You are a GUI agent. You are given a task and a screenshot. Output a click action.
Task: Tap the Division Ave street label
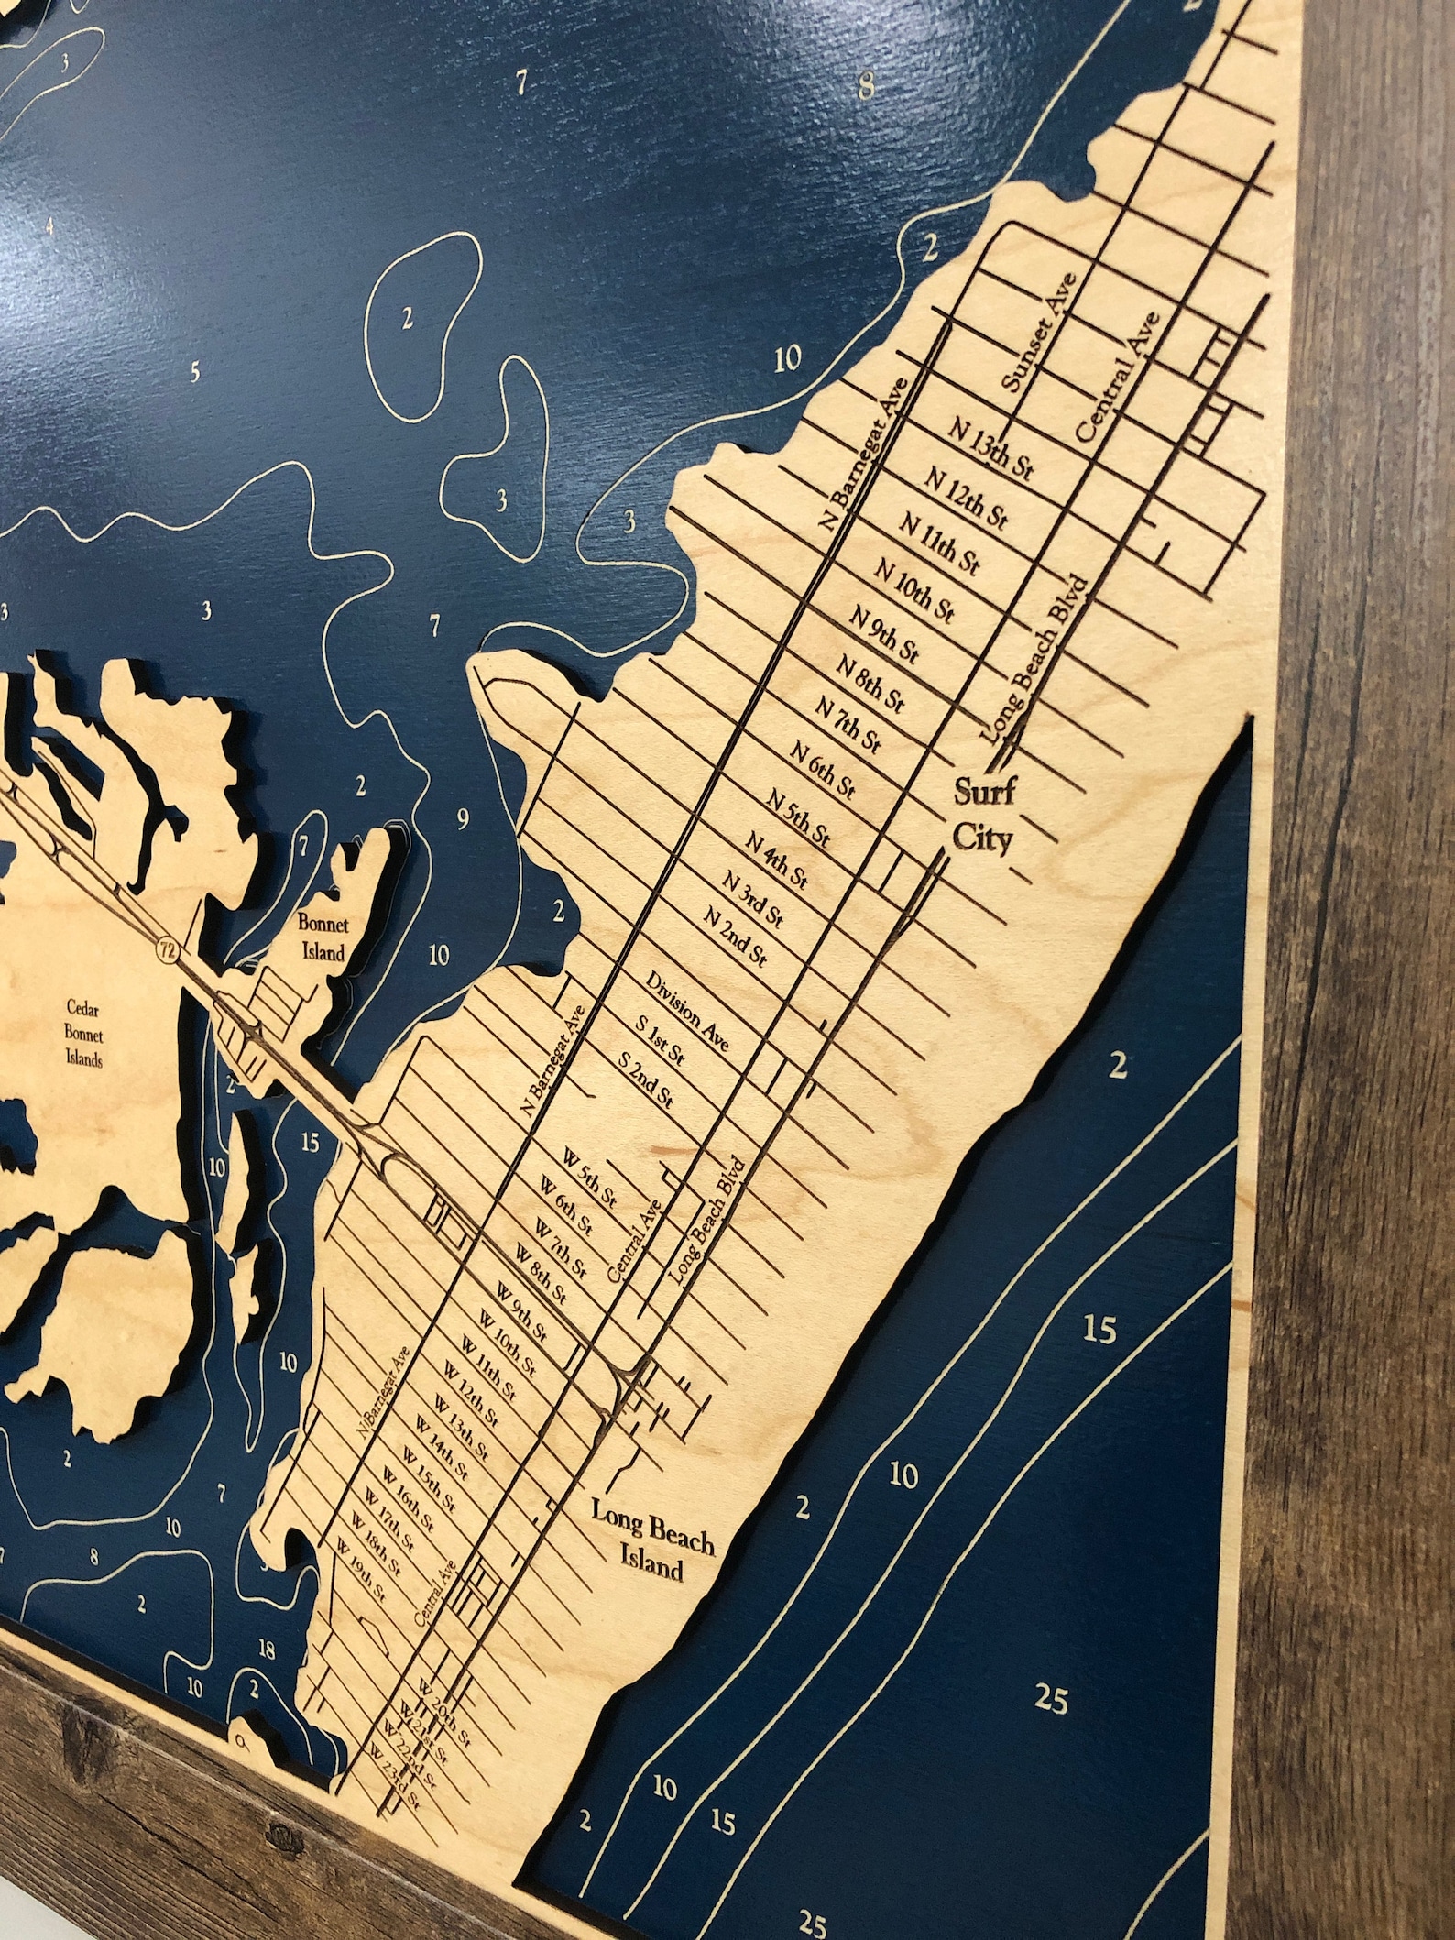coord(686,1008)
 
